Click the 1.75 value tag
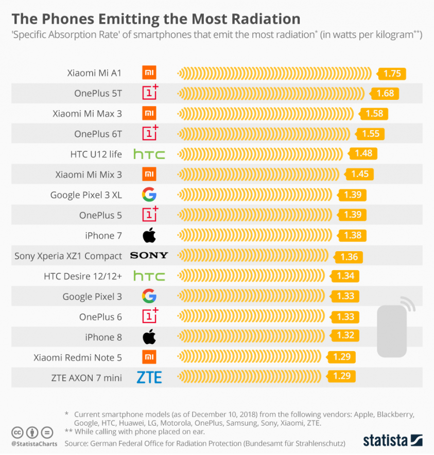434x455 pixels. (x=392, y=74)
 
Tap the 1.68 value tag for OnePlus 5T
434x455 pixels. (x=385, y=94)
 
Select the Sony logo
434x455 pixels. (x=149, y=256)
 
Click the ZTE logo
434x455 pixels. (x=149, y=378)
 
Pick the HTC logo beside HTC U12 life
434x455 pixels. (x=149, y=154)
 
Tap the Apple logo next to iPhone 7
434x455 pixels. (x=149, y=236)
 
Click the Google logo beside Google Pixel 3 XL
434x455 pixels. (x=149, y=195)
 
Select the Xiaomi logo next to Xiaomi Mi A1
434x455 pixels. (x=149, y=73)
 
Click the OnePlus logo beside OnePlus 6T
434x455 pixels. (x=150, y=133)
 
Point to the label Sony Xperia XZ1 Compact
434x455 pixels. (x=68, y=256)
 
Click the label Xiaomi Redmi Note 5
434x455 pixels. (x=78, y=357)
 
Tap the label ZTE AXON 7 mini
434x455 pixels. (x=86, y=378)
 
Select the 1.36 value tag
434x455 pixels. (x=349, y=257)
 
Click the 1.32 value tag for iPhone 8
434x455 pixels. (x=345, y=336)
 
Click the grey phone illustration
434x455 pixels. (x=392, y=330)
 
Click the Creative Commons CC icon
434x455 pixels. (x=17, y=432)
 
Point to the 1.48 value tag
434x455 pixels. (x=363, y=153)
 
